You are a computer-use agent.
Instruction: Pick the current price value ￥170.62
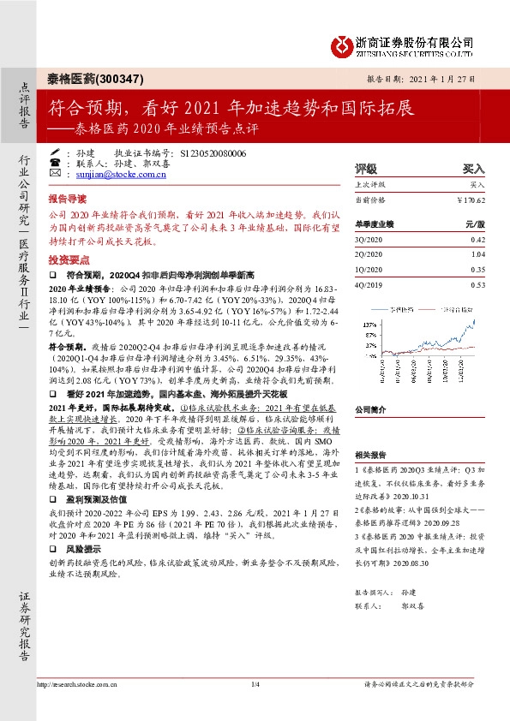pyautogui.click(x=469, y=200)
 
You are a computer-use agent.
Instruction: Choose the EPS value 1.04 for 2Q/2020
pyautogui.click(x=477, y=255)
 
